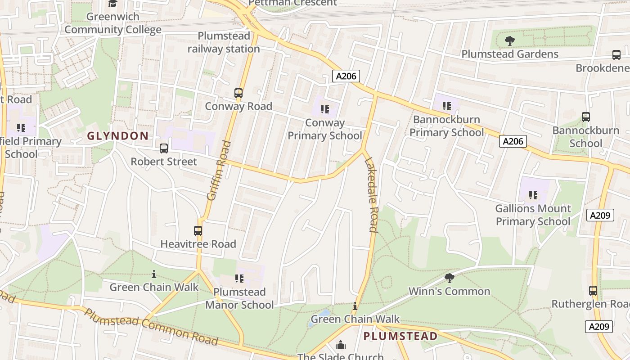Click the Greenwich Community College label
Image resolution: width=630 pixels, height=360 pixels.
[x=112, y=23]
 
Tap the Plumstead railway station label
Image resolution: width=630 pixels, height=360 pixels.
[x=224, y=42]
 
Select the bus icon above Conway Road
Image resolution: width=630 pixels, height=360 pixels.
[x=238, y=93]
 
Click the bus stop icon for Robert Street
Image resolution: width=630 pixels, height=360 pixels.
[x=164, y=148]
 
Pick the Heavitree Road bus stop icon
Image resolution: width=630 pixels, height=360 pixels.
[x=198, y=231]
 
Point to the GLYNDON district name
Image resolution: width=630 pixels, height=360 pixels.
[x=117, y=136]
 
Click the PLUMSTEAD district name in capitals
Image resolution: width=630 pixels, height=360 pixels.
[x=400, y=336]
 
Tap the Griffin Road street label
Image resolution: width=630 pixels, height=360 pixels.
[x=219, y=170]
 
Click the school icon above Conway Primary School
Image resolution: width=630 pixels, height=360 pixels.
[x=324, y=109]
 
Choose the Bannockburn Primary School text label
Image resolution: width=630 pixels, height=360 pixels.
[x=446, y=126]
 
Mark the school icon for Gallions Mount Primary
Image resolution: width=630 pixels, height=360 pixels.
[x=533, y=195]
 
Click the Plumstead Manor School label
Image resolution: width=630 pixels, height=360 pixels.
[x=239, y=298]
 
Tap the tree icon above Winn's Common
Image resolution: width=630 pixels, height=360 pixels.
[x=449, y=278]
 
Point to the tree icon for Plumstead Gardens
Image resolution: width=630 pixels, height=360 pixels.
[x=509, y=41]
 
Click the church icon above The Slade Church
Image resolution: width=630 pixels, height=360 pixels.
[x=341, y=345]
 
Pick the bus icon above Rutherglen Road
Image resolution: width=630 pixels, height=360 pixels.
[x=593, y=290]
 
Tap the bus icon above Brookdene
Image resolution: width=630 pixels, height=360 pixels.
[x=616, y=55]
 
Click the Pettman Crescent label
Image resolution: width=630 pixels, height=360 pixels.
[x=292, y=3]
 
